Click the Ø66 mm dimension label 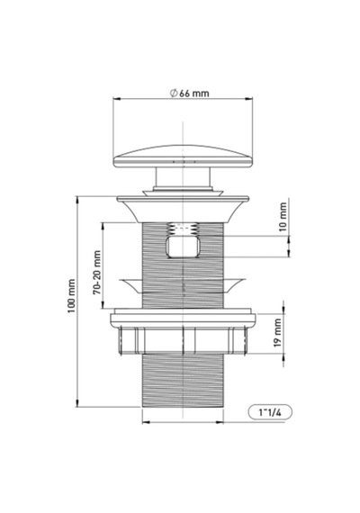tap(189, 94)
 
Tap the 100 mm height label tap(71, 296)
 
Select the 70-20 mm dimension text tap(97, 272)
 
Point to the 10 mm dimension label tap(283, 217)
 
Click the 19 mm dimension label tap(277, 333)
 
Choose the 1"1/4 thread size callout tap(270, 412)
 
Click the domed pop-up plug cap tap(183, 157)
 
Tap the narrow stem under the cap tap(183, 177)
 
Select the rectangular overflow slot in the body tap(184, 247)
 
